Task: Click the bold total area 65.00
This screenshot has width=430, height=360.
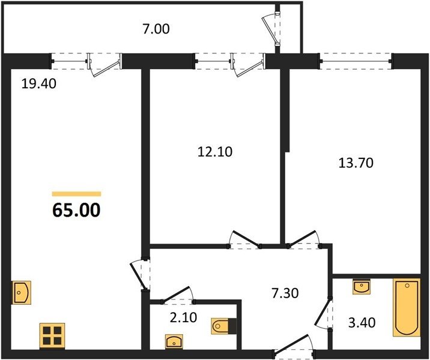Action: click(76, 211)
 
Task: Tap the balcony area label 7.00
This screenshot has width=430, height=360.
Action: click(156, 29)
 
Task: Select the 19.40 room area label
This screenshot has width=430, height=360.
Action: click(38, 83)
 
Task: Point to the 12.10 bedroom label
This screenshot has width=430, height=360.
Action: click(215, 152)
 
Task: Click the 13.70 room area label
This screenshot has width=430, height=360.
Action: click(356, 163)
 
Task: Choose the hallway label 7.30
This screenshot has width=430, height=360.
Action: click(285, 293)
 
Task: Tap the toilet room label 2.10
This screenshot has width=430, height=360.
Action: click(183, 317)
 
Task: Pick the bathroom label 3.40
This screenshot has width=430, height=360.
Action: click(362, 322)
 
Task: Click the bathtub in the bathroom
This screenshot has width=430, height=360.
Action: click(407, 308)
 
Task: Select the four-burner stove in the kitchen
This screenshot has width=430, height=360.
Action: click(52, 336)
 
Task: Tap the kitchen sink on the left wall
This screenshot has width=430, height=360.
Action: click(22, 293)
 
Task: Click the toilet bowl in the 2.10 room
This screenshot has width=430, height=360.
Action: click(224, 326)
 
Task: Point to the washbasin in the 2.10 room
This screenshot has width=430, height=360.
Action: click(174, 341)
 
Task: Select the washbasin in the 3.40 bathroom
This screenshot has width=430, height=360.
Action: click(362, 287)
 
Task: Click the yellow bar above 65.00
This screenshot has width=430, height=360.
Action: click(76, 194)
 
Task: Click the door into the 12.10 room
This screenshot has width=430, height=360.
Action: click(244, 240)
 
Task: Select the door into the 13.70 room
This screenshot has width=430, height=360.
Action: click(304, 240)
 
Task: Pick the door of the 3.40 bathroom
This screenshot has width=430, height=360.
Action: click(324, 314)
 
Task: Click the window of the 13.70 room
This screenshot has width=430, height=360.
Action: click(356, 61)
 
